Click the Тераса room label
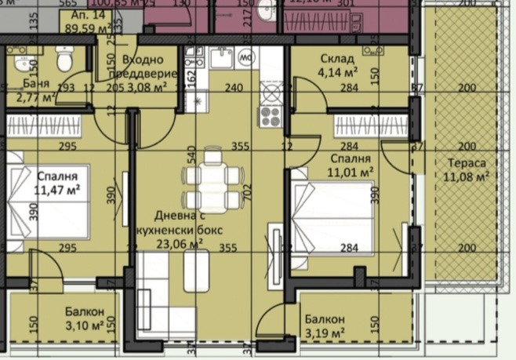(467, 165)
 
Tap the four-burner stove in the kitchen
(271, 116)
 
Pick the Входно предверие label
(143, 67)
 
